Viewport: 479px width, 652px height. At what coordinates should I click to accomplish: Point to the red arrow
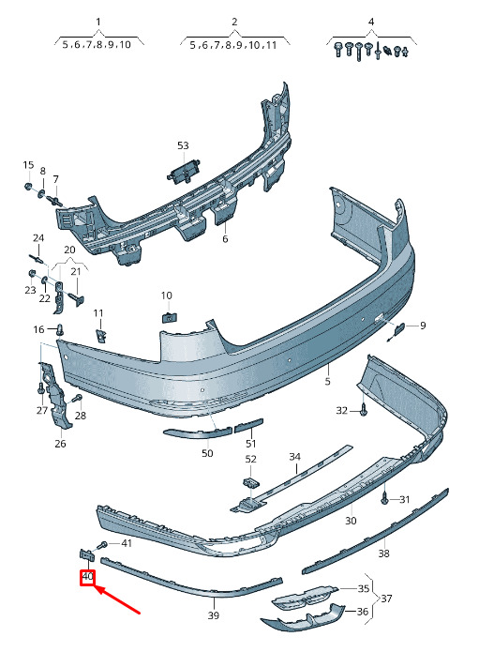pyautogui.click(x=117, y=599)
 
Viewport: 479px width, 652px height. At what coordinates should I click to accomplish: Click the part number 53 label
pyautogui.click(x=183, y=145)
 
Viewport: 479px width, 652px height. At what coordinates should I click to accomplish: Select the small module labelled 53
pyautogui.click(x=183, y=171)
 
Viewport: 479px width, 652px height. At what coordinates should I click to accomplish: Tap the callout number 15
pyautogui.click(x=28, y=165)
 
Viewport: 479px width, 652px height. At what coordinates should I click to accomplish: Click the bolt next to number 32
pyautogui.click(x=364, y=410)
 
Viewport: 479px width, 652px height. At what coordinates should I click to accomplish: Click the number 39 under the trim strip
pyautogui.click(x=213, y=615)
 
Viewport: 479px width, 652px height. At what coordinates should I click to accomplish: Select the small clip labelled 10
pyautogui.click(x=169, y=317)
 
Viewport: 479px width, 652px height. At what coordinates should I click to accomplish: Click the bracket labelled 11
pyautogui.click(x=101, y=335)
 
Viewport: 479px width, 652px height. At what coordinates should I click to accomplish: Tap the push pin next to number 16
pyautogui.click(x=61, y=329)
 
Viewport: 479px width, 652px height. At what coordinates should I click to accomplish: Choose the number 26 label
pyautogui.click(x=60, y=444)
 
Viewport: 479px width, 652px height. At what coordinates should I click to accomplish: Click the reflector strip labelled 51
pyautogui.click(x=248, y=426)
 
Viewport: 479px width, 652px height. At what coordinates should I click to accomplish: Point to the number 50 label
pyautogui.click(x=207, y=453)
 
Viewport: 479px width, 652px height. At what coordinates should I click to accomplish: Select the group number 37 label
pyautogui.click(x=386, y=599)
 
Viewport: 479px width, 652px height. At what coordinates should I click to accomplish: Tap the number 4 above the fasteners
pyautogui.click(x=371, y=22)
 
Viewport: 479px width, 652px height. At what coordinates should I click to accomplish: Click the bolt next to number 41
pyautogui.click(x=101, y=545)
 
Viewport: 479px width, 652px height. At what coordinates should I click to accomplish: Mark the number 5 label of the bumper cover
pyautogui.click(x=327, y=381)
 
